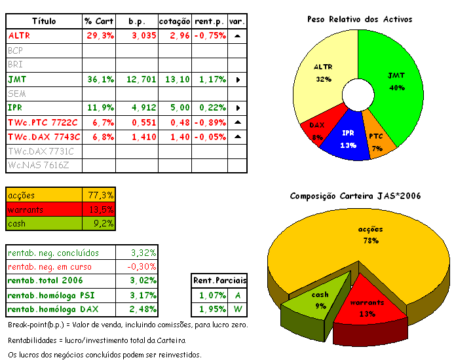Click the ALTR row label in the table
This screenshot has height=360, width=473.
pos(20,35)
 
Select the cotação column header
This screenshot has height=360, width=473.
pos(174,21)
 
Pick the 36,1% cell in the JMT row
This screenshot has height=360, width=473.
pos(100,79)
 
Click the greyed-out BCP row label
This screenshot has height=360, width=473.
pos(15,50)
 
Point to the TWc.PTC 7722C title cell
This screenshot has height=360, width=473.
pos(43,122)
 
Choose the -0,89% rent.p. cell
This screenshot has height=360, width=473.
pos(210,122)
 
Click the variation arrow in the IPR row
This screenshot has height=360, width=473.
pos(237,108)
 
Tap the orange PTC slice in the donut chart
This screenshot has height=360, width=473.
pos(378,140)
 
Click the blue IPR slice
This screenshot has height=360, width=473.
pos(349,139)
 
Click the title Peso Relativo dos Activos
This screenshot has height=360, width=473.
pos(360,19)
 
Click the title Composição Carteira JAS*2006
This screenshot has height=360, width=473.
pos(355,196)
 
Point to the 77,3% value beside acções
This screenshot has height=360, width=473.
pos(100,195)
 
